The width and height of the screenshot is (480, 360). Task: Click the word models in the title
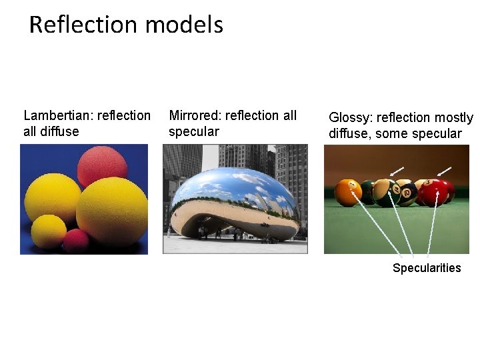(183, 25)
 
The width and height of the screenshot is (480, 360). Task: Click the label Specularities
(427, 268)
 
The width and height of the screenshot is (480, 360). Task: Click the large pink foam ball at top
(102, 166)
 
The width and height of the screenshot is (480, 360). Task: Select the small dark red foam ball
(76, 240)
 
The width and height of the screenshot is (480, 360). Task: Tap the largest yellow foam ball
(112, 211)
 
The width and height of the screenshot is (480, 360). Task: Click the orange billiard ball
(348, 192)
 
